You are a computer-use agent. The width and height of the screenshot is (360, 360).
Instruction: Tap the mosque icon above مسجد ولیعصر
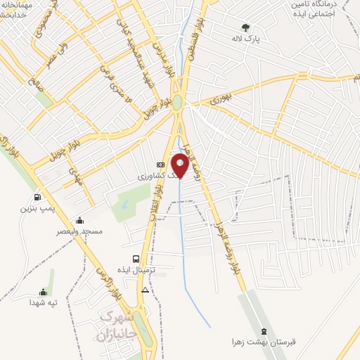(x=80, y=220)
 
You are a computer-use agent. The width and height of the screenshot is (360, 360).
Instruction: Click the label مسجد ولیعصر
(x=81, y=231)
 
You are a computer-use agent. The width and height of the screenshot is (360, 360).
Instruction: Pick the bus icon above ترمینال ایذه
(x=136, y=257)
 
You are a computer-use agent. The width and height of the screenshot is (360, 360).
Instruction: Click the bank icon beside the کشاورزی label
(x=160, y=165)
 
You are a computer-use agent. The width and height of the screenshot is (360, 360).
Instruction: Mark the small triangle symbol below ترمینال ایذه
(x=145, y=290)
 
